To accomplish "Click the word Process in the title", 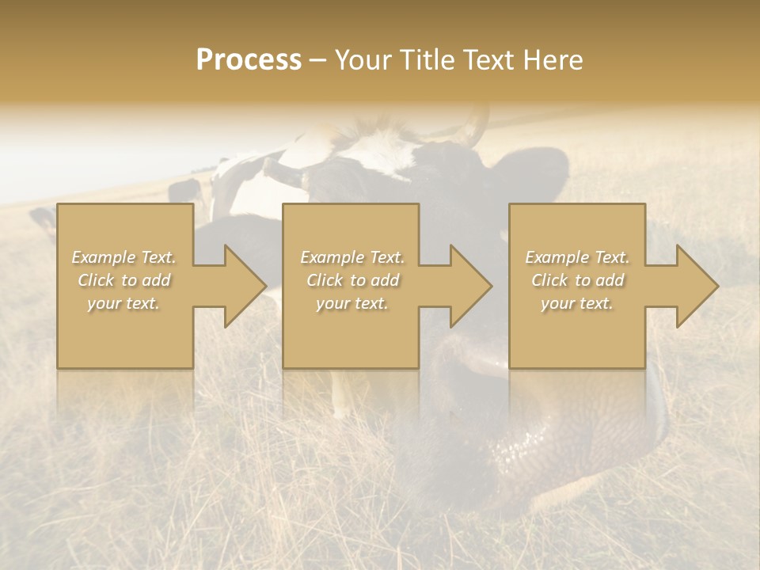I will pyautogui.click(x=249, y=60).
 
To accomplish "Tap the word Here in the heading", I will pyautogui.click(x=553, y=60).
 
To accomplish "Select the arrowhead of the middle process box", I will pyautogui.click(x=470, y=286).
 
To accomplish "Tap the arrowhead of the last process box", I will pyautogui.click(x=697, y=286).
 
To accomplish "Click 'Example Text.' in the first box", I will pyautogui.click(x=124, y=257).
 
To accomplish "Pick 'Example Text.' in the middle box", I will pyautogui.click(x=352, y=257).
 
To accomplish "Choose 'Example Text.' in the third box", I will pyautogui.click(x=577, y=257).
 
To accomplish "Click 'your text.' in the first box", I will pyautogui.click(x=123, y=303).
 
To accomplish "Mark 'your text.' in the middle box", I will pyautogui.click(x=351, y=303).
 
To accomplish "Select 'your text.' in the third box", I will pyautogui.click(x=576, y=303).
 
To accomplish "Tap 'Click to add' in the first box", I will pyautogui.click(x=124, y=280).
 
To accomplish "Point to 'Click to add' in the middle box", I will pyautogui.click(x=352, y=280).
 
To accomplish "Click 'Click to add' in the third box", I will pyautogui.click(x=577, y=280).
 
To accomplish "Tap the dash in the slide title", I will pyautogui.click(x=317, y=60).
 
